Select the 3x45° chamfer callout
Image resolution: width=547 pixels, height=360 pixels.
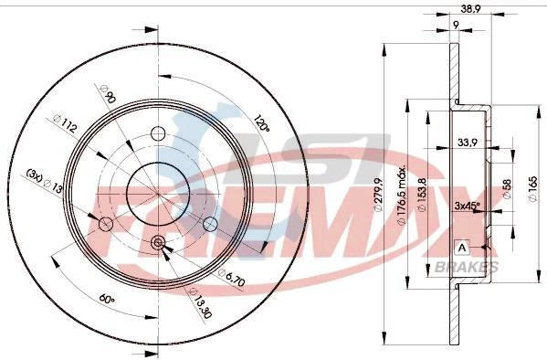point(469,206)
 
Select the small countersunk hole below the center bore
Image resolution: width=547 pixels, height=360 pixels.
point(157,242)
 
